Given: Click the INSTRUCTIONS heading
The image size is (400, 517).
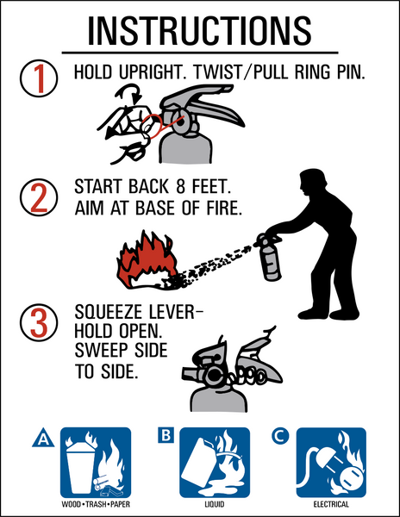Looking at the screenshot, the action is pyautogui.click(x=199, y=30).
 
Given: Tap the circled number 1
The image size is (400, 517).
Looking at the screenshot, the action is pyautogui.click(x=39, y=78).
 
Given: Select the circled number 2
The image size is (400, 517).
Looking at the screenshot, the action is pyautogui.click(x=39, y=197).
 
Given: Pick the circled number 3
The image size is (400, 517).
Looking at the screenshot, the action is pyautogui.click(x=39, y=322).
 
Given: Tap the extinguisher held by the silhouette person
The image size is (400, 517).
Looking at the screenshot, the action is pyautogui.click(x=268, y=257).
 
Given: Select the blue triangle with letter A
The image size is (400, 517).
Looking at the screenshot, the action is pyautogui.click(x=43, y=439).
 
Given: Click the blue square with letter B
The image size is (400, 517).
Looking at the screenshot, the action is pyautogui.click(x=166, y=435).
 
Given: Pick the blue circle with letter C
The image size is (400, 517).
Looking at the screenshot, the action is pyautogui.click(x=280, y=436).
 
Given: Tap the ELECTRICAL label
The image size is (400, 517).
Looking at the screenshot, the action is pyautogui.click(x=331, y=504).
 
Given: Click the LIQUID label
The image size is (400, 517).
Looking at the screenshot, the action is pyautogui.click(x=215, y=504).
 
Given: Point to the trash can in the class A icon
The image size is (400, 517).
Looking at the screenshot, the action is pyautogui.click(x=81, y=466).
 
